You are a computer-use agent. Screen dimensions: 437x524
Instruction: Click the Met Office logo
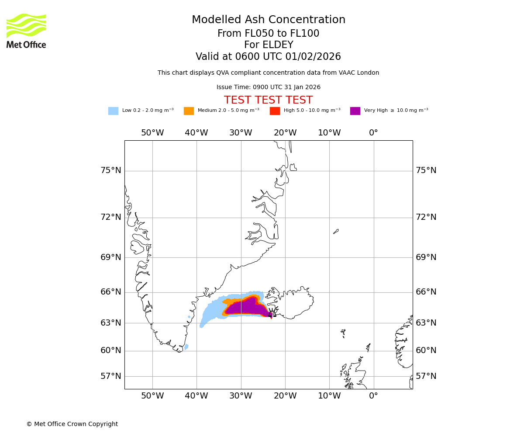tap(26, 31)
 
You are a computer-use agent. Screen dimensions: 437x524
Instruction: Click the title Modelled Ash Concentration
tap(269, 20)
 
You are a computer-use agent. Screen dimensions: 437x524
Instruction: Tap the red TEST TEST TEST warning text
tap(268, 100)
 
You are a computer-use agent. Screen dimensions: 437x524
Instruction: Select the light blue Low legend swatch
tap(113, 111)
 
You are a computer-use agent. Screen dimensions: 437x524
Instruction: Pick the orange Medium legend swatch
tap(189, 111)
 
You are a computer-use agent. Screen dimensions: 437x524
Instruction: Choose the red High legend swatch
tap(275, 111)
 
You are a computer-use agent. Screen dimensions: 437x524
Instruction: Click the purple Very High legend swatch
tap(355, 111)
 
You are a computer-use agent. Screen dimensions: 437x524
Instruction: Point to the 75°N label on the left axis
tap(111, 170)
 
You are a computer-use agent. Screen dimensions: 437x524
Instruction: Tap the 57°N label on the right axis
tap(426, 376)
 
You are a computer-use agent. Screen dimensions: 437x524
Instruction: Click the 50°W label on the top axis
tap(152, 133)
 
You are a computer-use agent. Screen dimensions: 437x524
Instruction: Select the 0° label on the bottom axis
tap(373, 396)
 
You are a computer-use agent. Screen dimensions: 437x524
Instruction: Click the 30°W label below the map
tap(241, 396)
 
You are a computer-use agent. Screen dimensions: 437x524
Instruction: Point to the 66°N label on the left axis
tap(111, 292)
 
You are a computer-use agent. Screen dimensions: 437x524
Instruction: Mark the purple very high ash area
tap(247, 307)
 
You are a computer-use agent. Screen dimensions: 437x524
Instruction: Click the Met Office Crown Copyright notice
tap(72, 424)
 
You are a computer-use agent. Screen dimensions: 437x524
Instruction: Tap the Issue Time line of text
tap(268, 87)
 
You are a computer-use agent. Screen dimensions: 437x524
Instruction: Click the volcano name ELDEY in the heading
tap(280, 45)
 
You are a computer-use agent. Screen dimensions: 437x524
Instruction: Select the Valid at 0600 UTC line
tap(268, 57)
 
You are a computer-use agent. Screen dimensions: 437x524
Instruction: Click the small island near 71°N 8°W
tap(336, 231)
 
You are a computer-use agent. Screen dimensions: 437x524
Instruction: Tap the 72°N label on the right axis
tap(426, 217)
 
